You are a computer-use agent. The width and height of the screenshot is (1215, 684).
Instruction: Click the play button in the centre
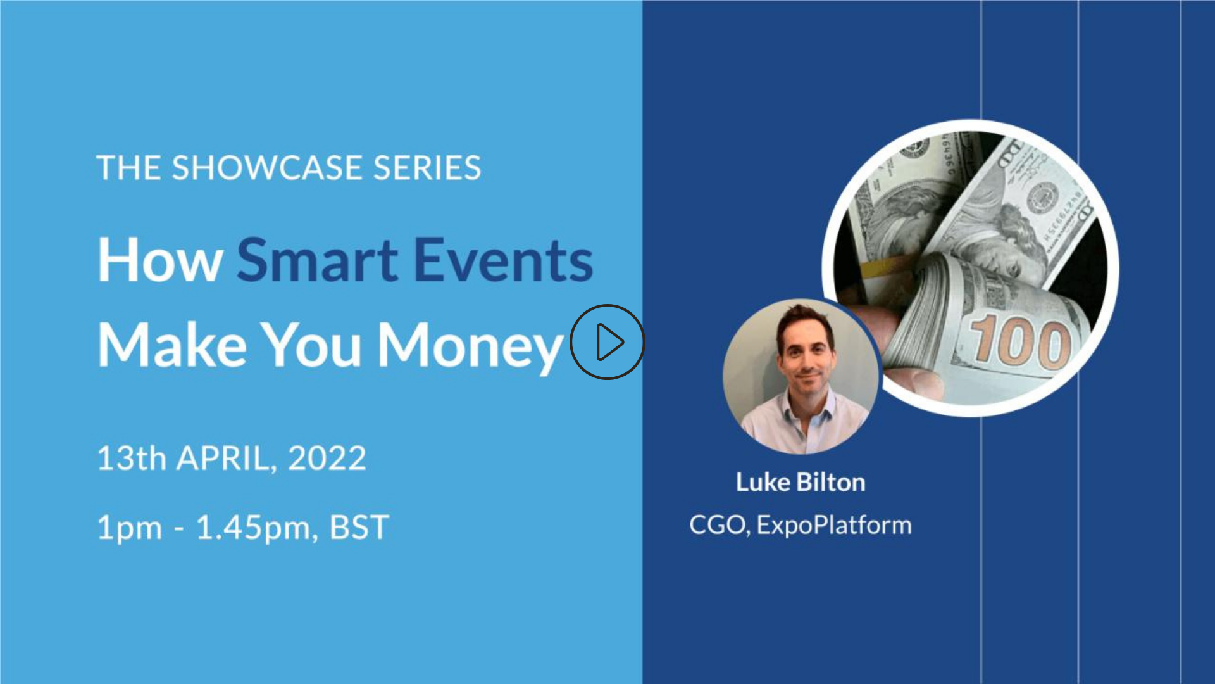click(x=607, y=342)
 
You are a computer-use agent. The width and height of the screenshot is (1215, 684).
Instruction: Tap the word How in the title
click(x=160, y=260)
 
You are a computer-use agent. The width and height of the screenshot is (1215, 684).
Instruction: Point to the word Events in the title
click(x=504, y=260)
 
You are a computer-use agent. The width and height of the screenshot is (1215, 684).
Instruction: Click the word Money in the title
click(x=471, y=346)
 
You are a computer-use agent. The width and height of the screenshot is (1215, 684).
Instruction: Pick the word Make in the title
click(x=172, y=345)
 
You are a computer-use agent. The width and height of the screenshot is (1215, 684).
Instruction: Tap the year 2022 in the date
click(x=327, y=458)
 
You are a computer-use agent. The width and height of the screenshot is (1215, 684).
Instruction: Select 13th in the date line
click(x=132, y=458)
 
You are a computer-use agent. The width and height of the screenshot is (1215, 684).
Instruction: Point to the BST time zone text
click(x=359, y=528)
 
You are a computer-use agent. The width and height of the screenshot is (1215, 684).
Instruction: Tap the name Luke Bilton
click(x=801, y=483)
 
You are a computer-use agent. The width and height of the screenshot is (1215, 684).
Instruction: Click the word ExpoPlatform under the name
click(x=834, y=525)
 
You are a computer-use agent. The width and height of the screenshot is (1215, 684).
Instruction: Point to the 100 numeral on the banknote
click(x=1021, y=344)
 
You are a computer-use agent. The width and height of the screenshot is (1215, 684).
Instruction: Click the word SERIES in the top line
click(x=427, y=168)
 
